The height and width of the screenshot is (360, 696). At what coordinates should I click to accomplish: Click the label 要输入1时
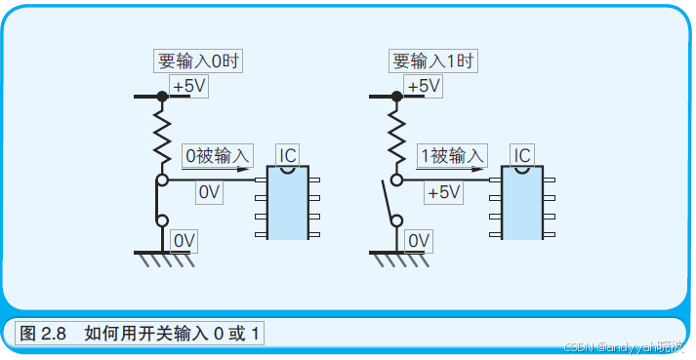click(x=432, y=60)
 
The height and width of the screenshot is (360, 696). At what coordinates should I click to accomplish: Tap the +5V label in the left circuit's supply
click(x=189, y=87)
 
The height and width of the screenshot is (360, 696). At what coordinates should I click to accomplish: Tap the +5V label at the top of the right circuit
click(x=424, y=87)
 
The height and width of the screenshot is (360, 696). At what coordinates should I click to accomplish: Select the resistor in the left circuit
click(x=162, y=136)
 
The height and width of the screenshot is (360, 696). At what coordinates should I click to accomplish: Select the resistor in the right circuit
click(x=396, y=136)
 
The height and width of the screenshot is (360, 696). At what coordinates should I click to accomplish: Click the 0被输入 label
click(x=218, y=155)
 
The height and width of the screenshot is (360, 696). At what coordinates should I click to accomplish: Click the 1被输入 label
click(x=451, y=155)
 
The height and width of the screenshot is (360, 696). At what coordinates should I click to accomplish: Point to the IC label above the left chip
click(x=288, y=155)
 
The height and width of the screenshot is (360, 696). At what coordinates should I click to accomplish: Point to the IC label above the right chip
click(x=522, y=155)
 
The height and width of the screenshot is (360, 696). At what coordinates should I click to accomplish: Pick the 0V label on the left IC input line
click(x=210, y=192)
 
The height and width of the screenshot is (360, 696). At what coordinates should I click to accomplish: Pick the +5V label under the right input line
click(x=442, y=192)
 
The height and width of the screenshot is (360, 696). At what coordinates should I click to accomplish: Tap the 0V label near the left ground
click(x=184, y=240)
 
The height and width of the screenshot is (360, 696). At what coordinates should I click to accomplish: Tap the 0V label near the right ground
click(x=419, y=240)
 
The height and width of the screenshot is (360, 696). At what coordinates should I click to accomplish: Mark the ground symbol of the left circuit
click(x=162, y=258)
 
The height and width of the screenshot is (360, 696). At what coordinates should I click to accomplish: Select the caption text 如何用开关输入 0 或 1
click(x=174, y=333)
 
